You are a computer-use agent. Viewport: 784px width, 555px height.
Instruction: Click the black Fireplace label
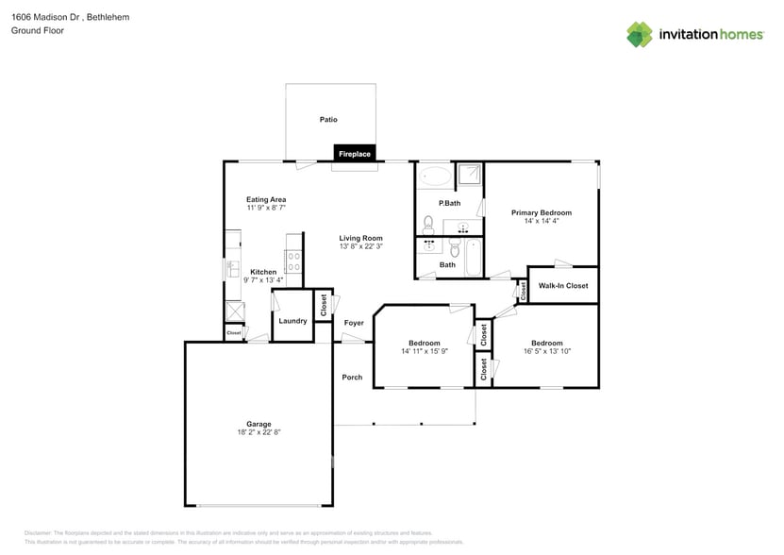[x=355, y=154]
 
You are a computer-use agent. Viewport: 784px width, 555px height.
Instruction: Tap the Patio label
[x=328, y=120]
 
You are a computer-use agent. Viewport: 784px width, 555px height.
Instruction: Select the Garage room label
[x=259, y=424]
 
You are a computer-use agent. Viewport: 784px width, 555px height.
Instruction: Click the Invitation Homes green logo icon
[x=640, y=35]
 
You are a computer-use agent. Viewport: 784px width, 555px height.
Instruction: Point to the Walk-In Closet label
[x=563, y=285]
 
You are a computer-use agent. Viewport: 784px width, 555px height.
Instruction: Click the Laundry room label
[x=292, y=321]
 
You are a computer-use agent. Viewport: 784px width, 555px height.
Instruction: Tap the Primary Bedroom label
[x=542, y=212]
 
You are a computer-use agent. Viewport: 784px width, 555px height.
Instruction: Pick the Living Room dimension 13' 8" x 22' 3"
[x=361, y=246]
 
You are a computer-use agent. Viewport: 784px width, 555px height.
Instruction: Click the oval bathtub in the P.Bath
[x=435, y=176]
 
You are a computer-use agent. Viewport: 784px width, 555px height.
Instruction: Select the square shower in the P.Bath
[x=469, y=175]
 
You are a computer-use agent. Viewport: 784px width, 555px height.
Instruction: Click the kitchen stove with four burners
[x=293, y=256]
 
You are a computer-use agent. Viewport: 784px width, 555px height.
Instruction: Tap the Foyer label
[x=354, y=323]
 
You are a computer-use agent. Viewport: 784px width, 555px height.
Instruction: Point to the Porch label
[x=352, y=378]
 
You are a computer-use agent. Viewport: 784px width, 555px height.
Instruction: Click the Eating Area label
[x=266, y=199]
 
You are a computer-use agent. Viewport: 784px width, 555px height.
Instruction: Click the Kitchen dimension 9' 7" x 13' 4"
[x=263, y=280]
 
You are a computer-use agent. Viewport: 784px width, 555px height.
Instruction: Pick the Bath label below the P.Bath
[x=447, y=265]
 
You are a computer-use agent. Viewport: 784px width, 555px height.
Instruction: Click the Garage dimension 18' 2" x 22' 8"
[x=259, y=432]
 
